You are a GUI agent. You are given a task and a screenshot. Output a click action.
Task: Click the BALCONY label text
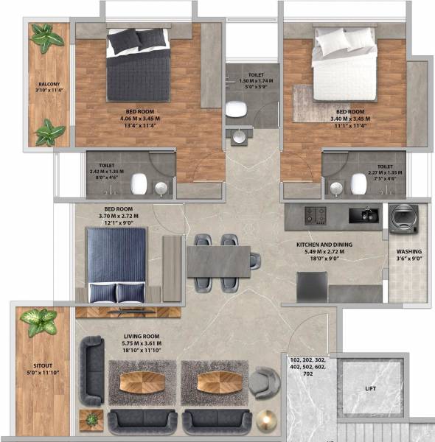click(x=49, y=84)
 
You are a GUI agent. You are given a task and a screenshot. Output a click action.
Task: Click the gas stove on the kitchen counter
click(x=315, y=215)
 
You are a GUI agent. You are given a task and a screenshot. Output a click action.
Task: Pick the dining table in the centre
click(x=219, y=262)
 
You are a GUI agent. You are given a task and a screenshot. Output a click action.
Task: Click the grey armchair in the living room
click(x=262, y=382)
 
